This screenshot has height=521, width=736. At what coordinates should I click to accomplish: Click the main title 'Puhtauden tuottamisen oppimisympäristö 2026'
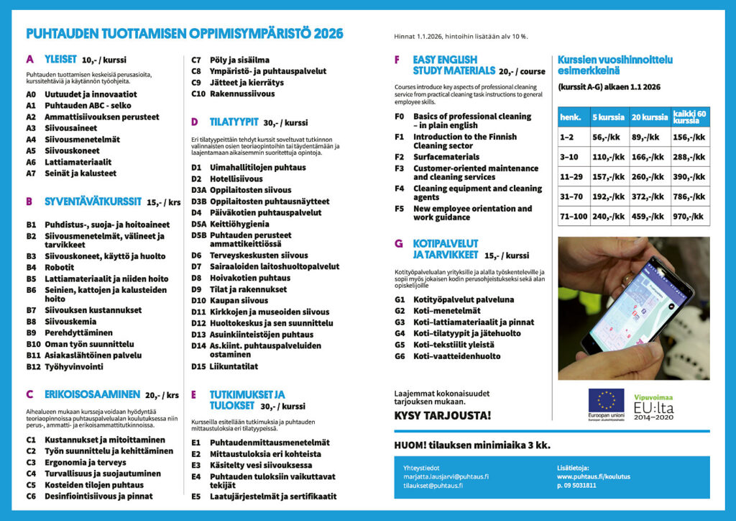(x=184, y=34)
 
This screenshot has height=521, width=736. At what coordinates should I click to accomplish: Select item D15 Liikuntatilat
(x=234, y=366)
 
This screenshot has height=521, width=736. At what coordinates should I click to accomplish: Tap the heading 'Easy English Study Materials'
(x=454, y=65)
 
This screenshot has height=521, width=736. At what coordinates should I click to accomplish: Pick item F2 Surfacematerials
(x=446, y=157)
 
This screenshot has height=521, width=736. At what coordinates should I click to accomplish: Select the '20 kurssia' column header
(x=650, y=117)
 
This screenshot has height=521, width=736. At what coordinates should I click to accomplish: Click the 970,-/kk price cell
(x=689, y=215)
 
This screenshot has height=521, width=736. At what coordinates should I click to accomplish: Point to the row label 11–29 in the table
(x=573, y=176)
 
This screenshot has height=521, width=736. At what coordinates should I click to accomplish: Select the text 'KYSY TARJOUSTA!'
(x=443, y=416)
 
